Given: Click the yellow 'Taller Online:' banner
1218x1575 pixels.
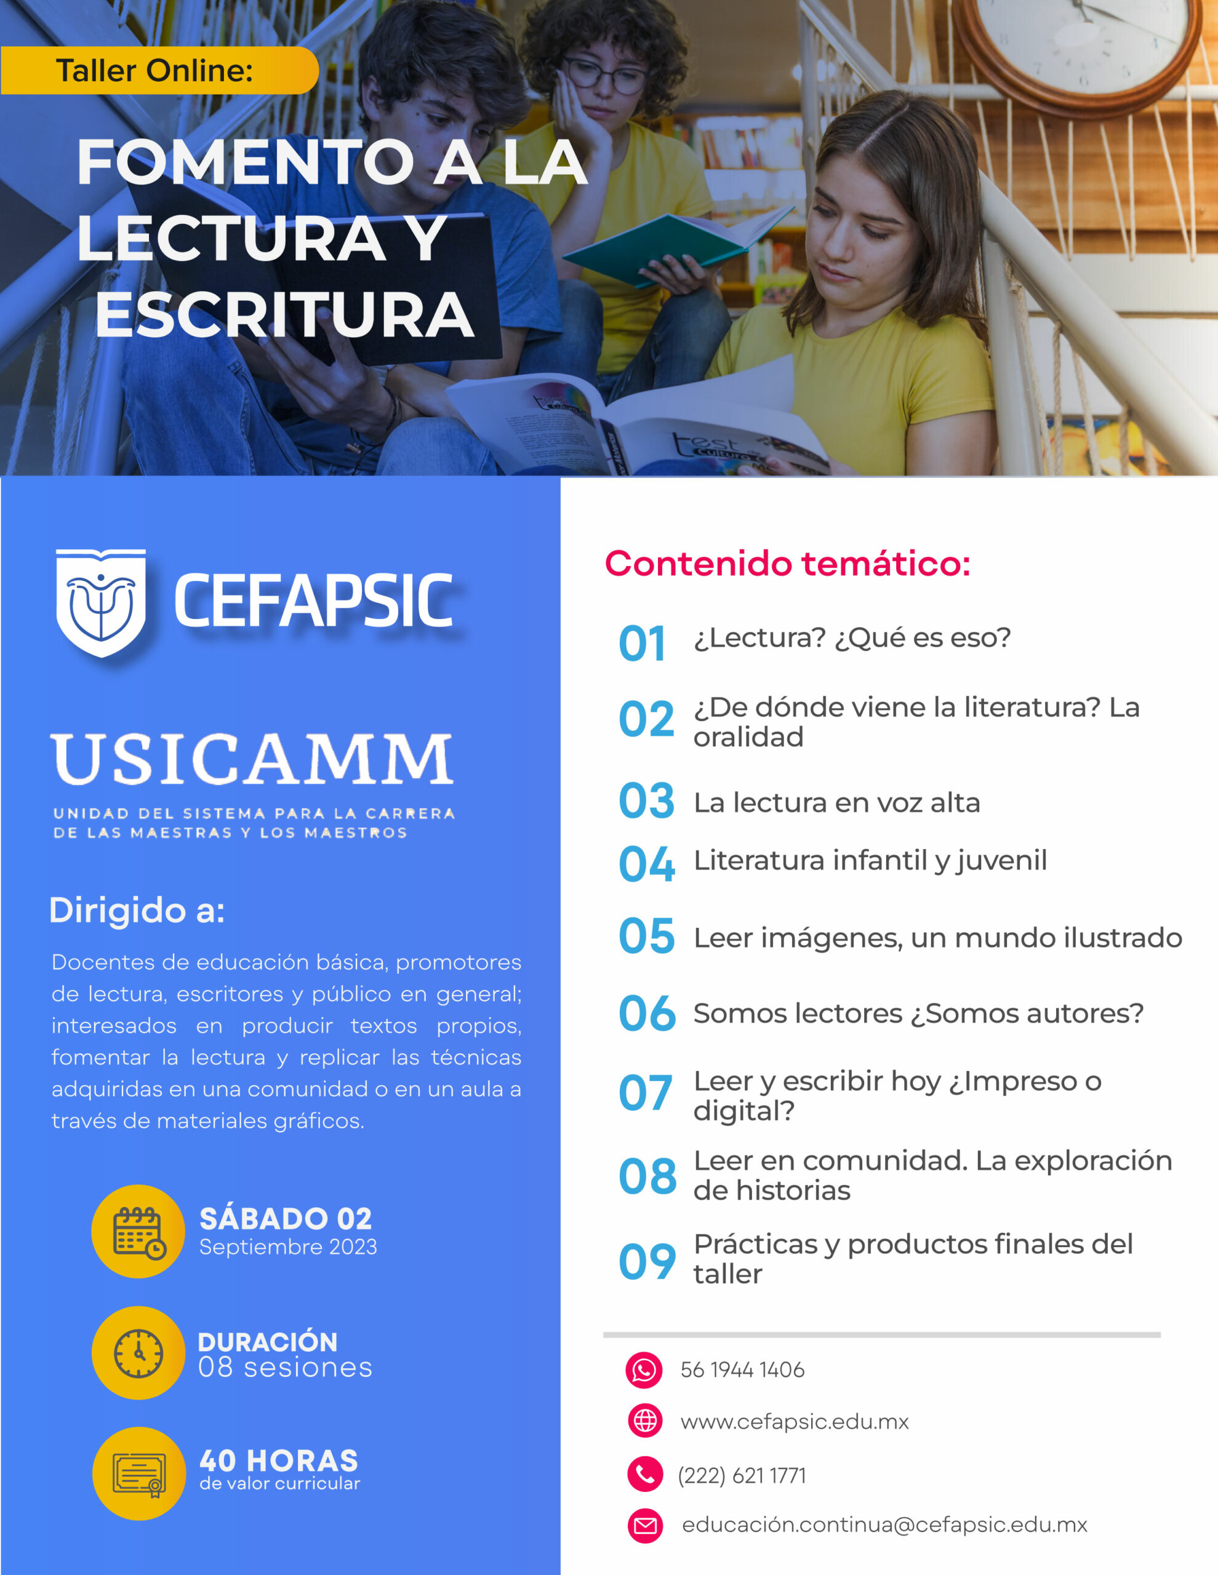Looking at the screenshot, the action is [x=159, y=71].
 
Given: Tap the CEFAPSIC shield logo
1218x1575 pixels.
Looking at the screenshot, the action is [x=101, y=603].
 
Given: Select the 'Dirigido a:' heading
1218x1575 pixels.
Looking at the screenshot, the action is [x=137, y=910].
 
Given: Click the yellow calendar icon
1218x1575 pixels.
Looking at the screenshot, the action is [x=138, y=1232].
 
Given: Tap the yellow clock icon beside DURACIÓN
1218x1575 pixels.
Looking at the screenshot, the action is [x=138, y=1353].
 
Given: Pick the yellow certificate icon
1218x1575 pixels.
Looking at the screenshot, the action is [x=139, y=1473].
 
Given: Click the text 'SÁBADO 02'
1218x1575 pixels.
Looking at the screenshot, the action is [x=286, y=1219].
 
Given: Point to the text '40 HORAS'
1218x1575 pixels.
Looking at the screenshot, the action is [x=279, y=1461].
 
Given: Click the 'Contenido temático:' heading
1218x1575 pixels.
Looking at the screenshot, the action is [x=787, y=563].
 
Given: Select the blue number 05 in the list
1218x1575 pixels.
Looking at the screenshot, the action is [x=646, y=936].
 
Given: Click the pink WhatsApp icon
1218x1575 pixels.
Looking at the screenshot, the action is [x=644, y=1370].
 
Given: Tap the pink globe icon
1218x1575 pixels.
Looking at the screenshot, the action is [x=645, y=1421].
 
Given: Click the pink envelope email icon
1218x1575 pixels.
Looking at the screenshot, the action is [x=645, y=1525].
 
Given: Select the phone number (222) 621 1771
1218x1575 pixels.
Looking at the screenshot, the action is [x=742, y=1475].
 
